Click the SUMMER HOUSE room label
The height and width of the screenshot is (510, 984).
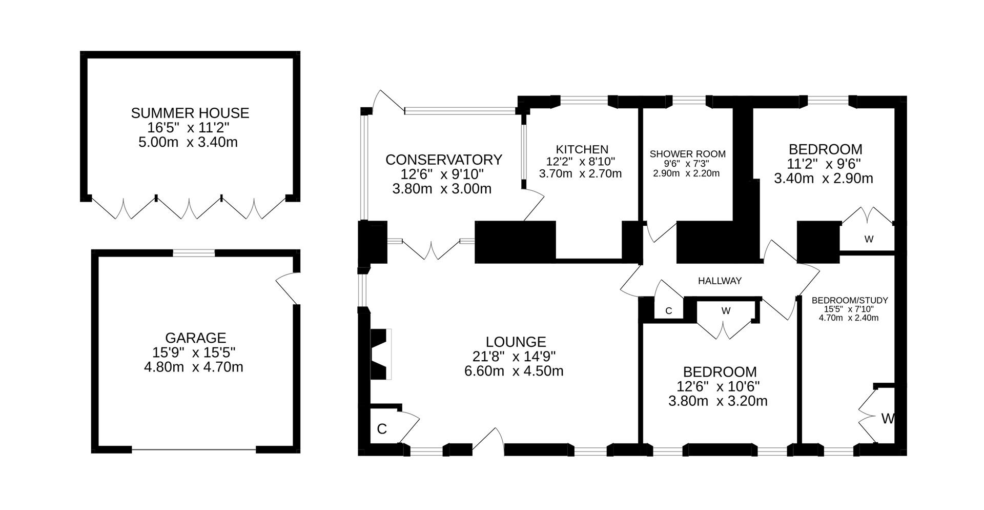click(190, 113)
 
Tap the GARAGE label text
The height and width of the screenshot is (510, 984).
click(195, 338)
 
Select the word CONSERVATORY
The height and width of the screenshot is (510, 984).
click(443, 160)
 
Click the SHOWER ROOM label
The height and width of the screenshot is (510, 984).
click(687, 154)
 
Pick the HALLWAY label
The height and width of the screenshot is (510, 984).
click(720, 281)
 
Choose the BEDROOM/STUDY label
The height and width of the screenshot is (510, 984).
click(849, 301)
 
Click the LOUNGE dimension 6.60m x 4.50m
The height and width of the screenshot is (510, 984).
click(514, 371)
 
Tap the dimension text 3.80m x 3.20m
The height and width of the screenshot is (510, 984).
click(717, 401)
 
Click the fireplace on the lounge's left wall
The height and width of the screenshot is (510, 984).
click(380, 354)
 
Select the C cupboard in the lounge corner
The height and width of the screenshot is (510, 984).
click(382, 429)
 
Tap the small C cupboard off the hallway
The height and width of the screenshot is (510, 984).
click(668, 311)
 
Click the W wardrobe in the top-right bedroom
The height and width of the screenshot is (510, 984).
click(868, 239)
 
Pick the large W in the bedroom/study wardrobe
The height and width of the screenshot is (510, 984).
click(887, 419)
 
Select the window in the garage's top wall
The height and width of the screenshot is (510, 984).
click(194, 252)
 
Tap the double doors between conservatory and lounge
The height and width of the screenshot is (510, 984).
click(430, 250)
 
